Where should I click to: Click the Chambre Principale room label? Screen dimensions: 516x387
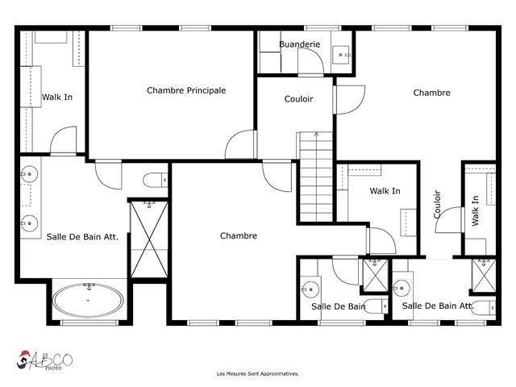pyautogui.click(x=186, y=90)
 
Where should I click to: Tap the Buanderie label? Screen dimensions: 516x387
pyautogui.click(x=299, y=44)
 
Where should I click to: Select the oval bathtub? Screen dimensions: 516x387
pyautogui.click(x=88, y=300)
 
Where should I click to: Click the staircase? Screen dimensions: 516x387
pyautogui.click(x=316, y=177)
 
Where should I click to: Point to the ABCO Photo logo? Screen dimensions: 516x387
pyautogui.click(x=44, y=360)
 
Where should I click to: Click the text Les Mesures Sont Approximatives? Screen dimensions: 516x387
pyautogui.click(x=258, y=374)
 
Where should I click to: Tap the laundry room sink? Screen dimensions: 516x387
pyautogui.click(x=341, y=55)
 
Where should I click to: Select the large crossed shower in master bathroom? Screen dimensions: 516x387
pyautogui.click(x=149, y=239)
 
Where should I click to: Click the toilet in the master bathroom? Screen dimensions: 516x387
pyautogui.click(x=156, y=180)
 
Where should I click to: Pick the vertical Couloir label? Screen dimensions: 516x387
pyautogui.click(x=437, y=204)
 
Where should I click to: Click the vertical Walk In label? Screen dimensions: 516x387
pyautogui.click(x=475, y=210)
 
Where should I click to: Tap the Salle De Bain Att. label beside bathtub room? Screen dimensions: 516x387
pyautogui.click(x=82, y=237)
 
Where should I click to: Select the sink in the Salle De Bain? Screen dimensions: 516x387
pyautogui.click(x=310, y=289)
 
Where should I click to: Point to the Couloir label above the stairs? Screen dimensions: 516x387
pyautogui.click(x=298, y=99)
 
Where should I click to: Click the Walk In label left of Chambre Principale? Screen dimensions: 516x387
pyautogui.click(x=57, y=98)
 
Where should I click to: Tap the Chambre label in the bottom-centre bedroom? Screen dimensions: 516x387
pyautogui.click(x=239, y=236)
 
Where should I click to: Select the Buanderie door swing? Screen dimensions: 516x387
pyautogui.click(x=310, y=61)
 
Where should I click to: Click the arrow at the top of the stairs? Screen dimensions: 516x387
pyautogui.click(x=316, y=134)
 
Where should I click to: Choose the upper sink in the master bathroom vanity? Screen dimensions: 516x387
pyautogui.click(x=30, y=174)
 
